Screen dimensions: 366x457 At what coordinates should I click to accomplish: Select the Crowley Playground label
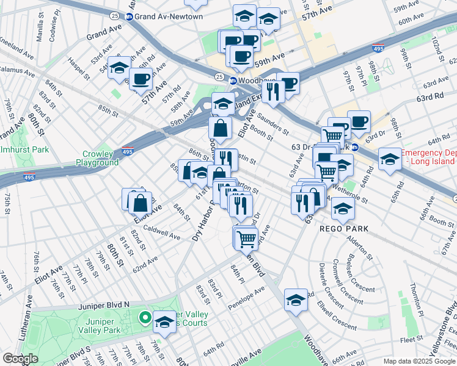97,159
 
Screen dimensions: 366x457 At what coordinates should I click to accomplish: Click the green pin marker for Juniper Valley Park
145,317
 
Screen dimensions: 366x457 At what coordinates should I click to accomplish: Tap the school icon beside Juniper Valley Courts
164,321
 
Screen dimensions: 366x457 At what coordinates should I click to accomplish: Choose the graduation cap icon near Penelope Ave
296,300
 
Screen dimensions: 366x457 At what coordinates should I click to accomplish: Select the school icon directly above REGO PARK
343,209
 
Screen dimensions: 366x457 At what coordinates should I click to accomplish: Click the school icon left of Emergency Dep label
389,159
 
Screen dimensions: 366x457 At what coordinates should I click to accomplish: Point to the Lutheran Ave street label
28,315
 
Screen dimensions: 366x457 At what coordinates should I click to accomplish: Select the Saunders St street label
272,121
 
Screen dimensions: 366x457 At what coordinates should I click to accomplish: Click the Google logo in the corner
20,359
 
